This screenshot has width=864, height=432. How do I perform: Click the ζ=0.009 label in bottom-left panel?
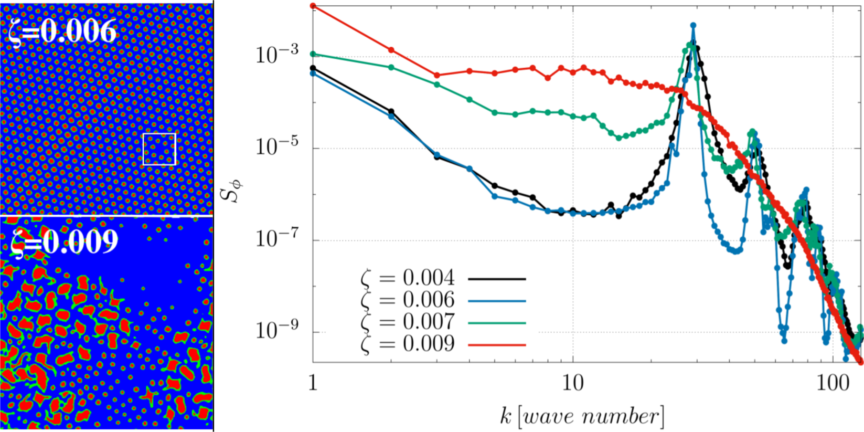pos(64,242)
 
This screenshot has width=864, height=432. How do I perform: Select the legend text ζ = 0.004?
pos(408,278)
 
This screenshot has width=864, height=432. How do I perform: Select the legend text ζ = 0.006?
pos(408,300)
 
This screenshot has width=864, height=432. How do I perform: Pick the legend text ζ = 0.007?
pos(408,322)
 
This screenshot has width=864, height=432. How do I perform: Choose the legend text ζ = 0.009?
pos(408,344)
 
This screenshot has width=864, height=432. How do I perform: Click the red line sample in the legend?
pos(497,344)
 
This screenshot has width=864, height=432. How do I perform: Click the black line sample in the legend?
pos(497,279)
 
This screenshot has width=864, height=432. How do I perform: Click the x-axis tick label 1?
pos(313,383)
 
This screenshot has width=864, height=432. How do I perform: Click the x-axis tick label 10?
pos(573,383)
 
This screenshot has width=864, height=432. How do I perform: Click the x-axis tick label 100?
pos(833,383)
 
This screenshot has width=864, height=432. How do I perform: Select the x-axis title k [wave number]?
pos(581,416)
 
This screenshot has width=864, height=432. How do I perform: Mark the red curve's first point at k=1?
pos(314,6)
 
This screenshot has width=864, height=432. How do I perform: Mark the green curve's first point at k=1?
pos(314,54)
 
